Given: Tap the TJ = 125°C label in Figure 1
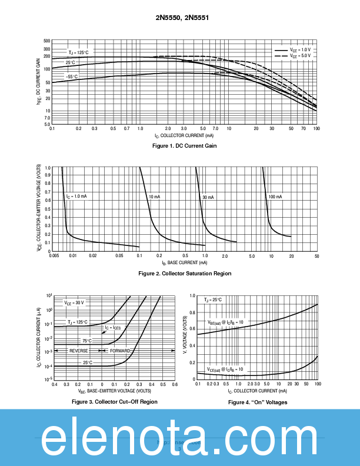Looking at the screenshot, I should click(78, 52).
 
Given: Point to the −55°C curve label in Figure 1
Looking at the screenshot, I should click(71, 76).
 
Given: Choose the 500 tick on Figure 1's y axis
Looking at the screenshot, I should click(46, 41).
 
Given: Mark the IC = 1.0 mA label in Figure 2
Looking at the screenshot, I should click(76, 196).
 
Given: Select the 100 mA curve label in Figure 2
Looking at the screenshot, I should click(275, 197).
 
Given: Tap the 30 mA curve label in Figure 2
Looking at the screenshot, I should click(208, 197).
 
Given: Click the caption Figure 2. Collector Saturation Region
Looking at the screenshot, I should click(185, 274).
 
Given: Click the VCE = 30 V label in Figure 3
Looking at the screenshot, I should click(74, 302).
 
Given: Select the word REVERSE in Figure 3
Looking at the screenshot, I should click(78, 351).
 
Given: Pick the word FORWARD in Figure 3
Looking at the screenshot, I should click(120, 351).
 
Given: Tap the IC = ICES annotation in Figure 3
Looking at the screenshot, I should click(112, 328).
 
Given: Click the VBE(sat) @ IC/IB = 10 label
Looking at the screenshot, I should click(225, 322).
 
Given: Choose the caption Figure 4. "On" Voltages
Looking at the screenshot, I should click(258, 402).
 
